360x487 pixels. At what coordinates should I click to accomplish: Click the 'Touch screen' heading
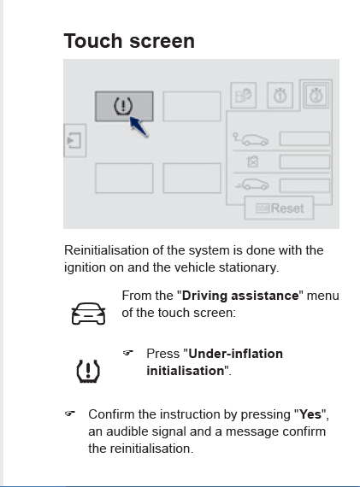129,41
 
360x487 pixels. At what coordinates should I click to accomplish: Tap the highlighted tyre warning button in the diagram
124,106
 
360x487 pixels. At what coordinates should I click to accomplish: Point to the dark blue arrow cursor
138,126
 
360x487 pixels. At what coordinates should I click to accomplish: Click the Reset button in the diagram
279,208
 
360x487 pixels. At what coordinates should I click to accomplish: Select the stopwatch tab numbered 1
280,96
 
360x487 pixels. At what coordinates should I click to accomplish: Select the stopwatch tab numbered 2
316,96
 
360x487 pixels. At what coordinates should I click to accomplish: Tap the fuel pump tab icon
244,96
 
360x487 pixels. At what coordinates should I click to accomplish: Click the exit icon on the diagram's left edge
74,140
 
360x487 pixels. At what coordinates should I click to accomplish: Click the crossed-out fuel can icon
252,161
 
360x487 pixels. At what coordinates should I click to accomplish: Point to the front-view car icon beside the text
88,314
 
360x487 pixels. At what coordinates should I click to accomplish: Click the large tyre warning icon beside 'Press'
88,371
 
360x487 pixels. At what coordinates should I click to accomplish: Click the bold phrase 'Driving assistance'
240,296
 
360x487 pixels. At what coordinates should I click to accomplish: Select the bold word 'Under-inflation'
236,354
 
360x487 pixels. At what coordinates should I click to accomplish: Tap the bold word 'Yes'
310,414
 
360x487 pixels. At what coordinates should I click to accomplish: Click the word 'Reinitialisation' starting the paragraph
106,250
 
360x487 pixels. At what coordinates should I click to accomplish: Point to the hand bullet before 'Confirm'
70,414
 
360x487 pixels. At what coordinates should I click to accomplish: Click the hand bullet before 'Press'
128,353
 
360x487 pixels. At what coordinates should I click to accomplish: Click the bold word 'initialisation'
186,371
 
